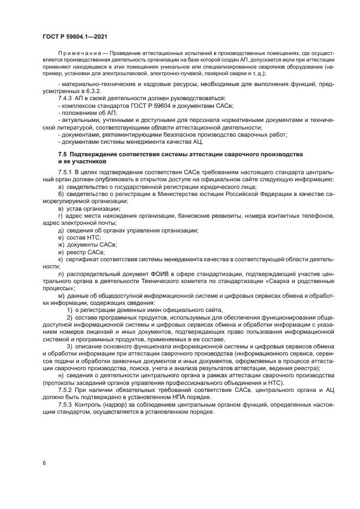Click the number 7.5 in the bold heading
pyautogui.click(x=63, y=155)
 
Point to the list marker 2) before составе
pyautogui.click(x=69, y=317)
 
